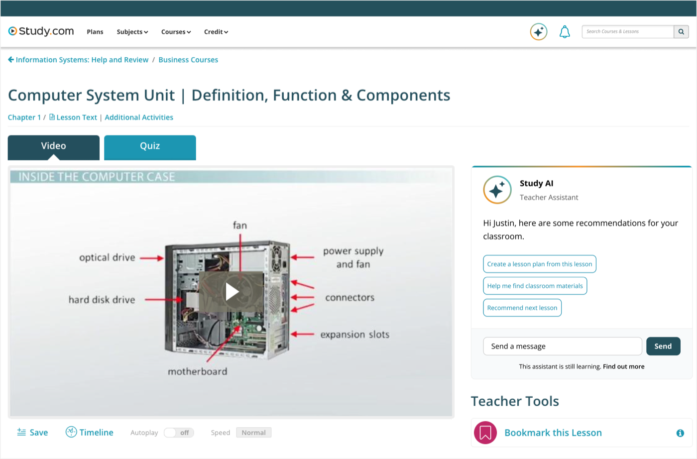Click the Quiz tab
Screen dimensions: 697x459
coord(150,147)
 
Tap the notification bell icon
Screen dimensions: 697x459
coord(565,32)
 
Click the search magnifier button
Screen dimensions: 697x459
coord(681,31)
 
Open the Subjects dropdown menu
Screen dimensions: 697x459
coord(132,32)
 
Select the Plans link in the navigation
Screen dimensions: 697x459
coord(95,32)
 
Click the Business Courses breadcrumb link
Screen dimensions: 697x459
coord(188,60)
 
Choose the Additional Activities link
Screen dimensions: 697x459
coord(139,117)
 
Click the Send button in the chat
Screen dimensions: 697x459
coord(663,346)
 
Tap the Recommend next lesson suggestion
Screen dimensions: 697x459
coord(522,308)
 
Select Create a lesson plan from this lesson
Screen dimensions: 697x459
coord(540,264)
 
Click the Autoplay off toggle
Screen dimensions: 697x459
coord(179,433)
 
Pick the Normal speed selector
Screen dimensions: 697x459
coord(253,433)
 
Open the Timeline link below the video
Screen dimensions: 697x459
coord(89,432)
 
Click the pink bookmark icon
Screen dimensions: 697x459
coord(485,433)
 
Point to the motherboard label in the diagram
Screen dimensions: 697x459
coord(198,371)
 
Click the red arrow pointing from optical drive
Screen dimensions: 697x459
coord(151,258)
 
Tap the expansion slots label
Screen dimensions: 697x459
coord(355,335)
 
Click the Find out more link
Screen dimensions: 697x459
coord(623,366)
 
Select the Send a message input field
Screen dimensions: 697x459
coord(562,346)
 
